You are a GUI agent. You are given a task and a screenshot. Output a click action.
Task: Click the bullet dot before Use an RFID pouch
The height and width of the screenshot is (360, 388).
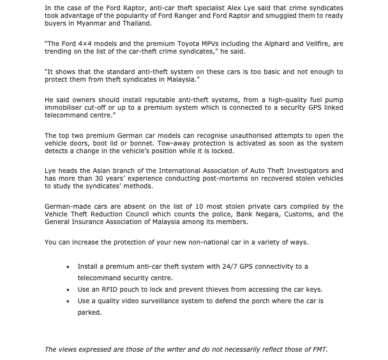coord(68,289)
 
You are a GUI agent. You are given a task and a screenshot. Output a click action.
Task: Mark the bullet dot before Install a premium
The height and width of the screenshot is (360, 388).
coord(68,266)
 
